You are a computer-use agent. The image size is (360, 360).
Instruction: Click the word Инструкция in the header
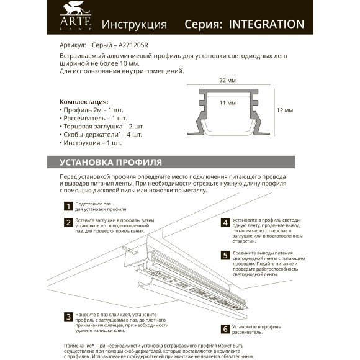click(x=134, y=25)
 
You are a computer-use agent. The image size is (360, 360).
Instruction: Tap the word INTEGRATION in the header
click(x=266, y=24)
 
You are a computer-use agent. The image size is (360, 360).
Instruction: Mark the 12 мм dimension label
click(x=284, y=110)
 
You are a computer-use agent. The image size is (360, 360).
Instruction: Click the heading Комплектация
click(x=84, y=101)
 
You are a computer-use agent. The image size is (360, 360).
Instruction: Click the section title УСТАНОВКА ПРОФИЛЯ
click(x=110, y=163)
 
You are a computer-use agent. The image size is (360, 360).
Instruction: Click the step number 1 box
click(x=68, y=206)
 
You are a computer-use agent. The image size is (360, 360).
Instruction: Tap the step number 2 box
click(x=68, y=222)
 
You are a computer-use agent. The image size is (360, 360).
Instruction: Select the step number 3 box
click(x=68, y=317)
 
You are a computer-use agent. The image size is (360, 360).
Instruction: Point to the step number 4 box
click(x=225, y=222)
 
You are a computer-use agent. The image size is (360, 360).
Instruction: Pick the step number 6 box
click(x=225, y=329)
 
